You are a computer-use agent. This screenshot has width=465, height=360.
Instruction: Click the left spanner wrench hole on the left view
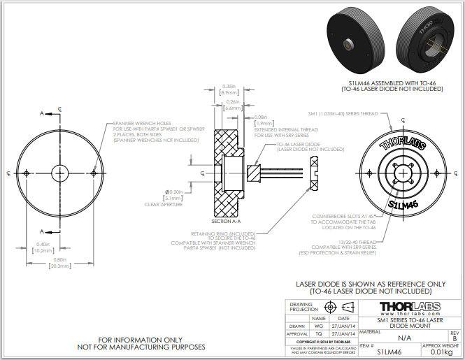[26, 173]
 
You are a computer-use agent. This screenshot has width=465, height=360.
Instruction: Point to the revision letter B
[455, 338]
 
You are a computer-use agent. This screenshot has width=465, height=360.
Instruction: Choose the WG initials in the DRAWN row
[319, 326]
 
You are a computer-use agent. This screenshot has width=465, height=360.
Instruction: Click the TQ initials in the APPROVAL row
[319, 334]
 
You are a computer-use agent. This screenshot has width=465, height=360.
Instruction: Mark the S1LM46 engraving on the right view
[403, 204]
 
